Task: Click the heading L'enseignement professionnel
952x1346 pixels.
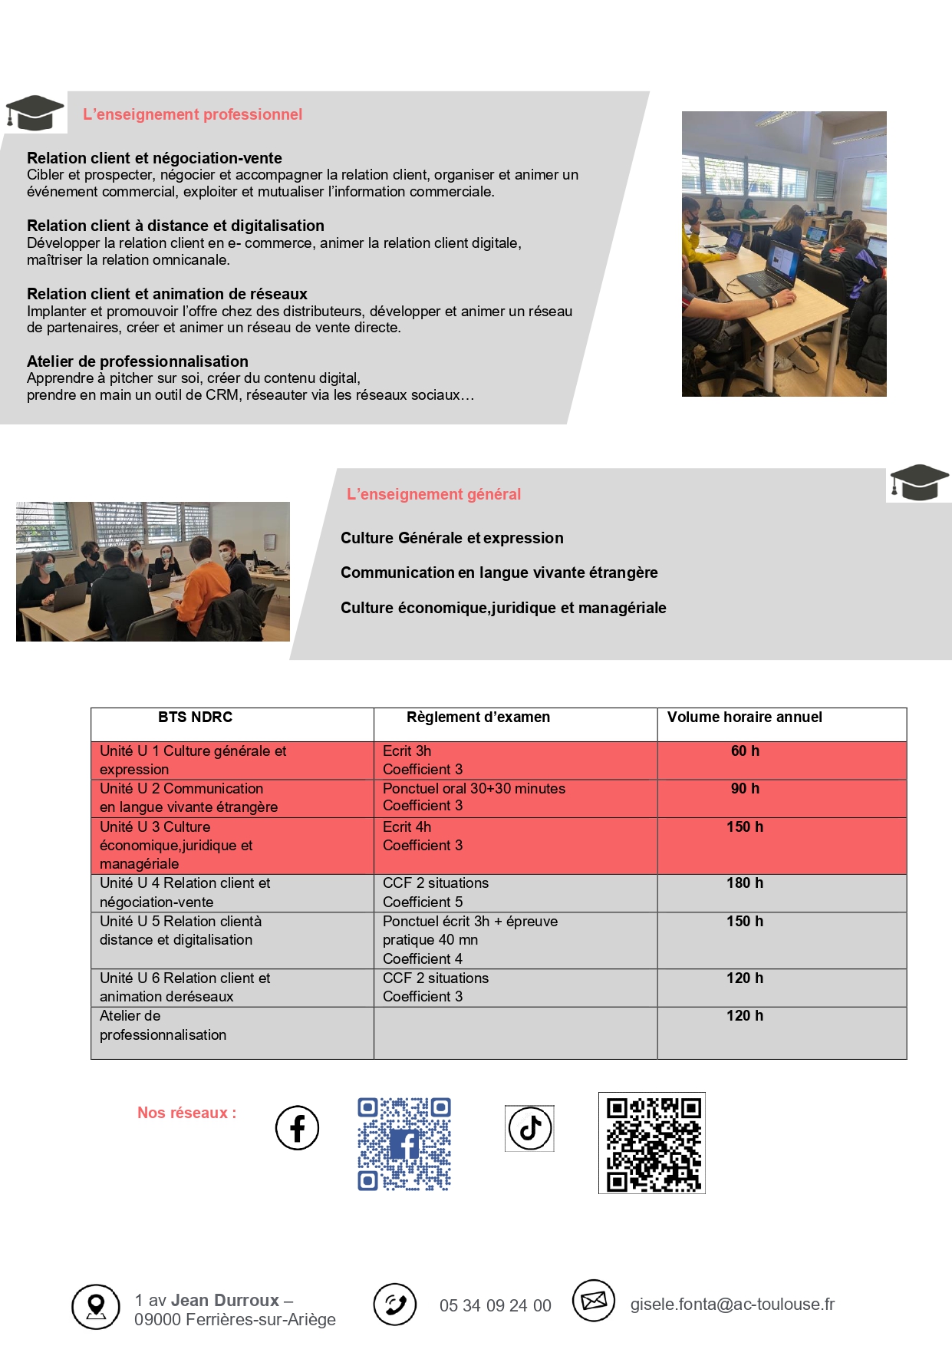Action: click(x=193, y=114)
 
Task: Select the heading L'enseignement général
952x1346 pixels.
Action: click(x=433, y=494)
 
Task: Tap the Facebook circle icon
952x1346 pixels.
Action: click(x=297, y=1127)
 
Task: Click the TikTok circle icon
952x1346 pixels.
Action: click(x=529, y=1128)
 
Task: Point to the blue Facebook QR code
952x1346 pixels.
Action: click(x=404, y=1143)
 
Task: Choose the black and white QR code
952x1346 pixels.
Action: click(x=652, y=1143)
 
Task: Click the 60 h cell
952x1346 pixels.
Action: click(x=745, y=751)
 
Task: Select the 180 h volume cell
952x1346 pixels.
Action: click(x=745, y=883)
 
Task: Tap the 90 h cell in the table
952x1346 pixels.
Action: click(x=745, y=789)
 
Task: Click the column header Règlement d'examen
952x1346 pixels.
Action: click(x=478, y=718)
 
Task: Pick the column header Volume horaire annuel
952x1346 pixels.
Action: click(x=744, y=718)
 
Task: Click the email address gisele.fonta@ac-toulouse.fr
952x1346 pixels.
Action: click(x=732, y=1305)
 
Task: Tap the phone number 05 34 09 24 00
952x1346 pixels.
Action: click(x=495, y=1306)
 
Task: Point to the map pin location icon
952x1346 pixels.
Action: click(x=96, y=1306)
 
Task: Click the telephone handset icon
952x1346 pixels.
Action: click(x=395, y=1305)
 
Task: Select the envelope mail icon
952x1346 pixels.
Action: click(x=594, y=1301)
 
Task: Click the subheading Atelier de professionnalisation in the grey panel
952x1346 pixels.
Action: click(x=137, y=361)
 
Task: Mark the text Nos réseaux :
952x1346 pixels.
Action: click(x=186, y=1113)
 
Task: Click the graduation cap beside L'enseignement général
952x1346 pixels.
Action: click(x=918, y=483)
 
